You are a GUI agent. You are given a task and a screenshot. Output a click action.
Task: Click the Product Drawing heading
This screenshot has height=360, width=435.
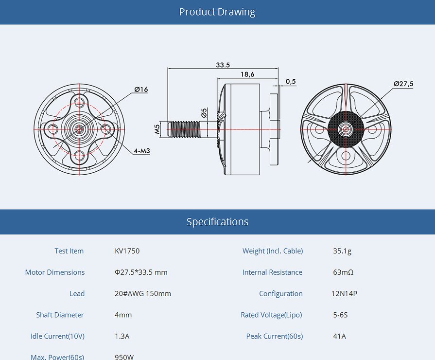tap(217, 12)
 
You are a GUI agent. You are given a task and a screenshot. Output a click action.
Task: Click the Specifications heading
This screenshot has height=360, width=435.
tap(217, 222)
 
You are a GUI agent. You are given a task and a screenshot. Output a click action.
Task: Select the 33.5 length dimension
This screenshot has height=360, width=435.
tap(223, 65)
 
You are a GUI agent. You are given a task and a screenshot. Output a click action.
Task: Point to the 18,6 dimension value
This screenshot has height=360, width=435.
tap(247, 74)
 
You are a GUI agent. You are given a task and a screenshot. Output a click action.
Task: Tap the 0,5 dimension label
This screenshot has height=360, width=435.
tap(291, 82)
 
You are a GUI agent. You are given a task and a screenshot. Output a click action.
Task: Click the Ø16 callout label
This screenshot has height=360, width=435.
tap(141, 90)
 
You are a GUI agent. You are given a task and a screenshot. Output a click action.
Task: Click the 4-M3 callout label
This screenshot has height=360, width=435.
tap(142, 151)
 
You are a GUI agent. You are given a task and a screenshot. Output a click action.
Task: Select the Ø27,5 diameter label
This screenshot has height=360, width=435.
tap(403, 84)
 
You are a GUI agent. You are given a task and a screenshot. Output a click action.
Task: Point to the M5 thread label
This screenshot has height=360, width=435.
tap(157, 129)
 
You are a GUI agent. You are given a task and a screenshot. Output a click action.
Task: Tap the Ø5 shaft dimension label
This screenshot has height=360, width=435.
tap(204, 113)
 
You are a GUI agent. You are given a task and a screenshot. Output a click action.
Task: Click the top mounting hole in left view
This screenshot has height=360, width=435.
tap(79, 102)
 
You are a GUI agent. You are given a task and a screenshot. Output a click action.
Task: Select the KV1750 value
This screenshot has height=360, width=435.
tap(127, 251)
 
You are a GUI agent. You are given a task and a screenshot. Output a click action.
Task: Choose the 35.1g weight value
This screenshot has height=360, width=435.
tap(342, 251)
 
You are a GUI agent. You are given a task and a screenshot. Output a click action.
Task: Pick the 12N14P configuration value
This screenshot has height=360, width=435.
tap(345, 294)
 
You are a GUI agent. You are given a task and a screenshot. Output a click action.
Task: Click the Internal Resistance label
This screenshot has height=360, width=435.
tap(272, 272)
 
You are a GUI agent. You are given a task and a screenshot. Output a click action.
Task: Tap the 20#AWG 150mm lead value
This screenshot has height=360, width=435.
tap(143, 294)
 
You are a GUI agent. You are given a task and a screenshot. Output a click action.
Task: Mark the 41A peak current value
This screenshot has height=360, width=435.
tap(339, 336)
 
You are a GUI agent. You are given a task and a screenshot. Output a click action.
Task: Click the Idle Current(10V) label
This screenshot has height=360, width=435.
tap(57, 336)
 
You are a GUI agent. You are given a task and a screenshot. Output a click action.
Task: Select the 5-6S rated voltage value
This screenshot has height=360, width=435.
tap(340, 315)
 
